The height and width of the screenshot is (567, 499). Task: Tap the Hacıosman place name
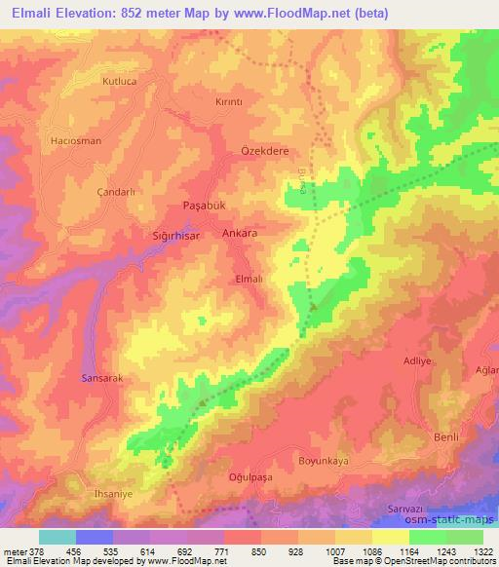coord(75,140)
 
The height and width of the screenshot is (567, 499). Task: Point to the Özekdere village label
coord(260,152)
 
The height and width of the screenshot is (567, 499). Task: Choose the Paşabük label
coord(205,207)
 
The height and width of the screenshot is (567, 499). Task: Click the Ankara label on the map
coord(240,234)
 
